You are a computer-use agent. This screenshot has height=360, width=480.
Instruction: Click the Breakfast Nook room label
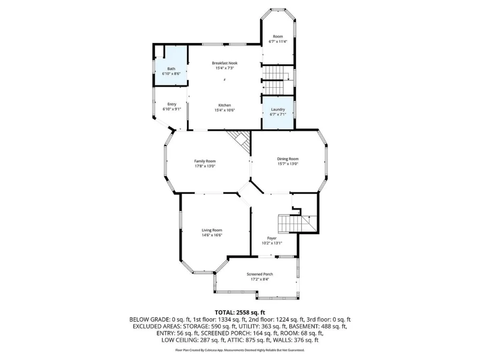tap(225, 63)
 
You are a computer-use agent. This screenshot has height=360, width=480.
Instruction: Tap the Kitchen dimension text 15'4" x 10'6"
tap(225, 110)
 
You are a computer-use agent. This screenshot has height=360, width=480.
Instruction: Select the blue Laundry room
tap(278, 112)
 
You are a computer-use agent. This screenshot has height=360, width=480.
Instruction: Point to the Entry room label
tap(172, 105)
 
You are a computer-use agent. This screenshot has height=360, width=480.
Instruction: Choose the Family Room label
tap(205, 161)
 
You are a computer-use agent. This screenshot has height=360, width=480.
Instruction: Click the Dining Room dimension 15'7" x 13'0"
tap(288, 164)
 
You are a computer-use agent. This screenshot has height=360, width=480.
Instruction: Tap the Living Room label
tap(212, 230)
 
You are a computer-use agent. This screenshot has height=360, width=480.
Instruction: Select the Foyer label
tap(272, 238)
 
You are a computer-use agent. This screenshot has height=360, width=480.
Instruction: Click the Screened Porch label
tap(260, 274)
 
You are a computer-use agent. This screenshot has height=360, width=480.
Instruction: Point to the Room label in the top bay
tap(278, 37)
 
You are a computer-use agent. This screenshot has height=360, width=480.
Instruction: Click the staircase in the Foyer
tap(296, 224)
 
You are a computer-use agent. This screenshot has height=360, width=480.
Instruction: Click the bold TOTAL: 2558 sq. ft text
tap(240, 313)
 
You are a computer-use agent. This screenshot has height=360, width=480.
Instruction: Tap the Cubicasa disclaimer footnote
tap(240, 350)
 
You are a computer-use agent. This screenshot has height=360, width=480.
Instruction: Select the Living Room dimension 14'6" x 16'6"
tap(212, 235)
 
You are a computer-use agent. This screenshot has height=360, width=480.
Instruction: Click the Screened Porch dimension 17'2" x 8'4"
tap(260, 279)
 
